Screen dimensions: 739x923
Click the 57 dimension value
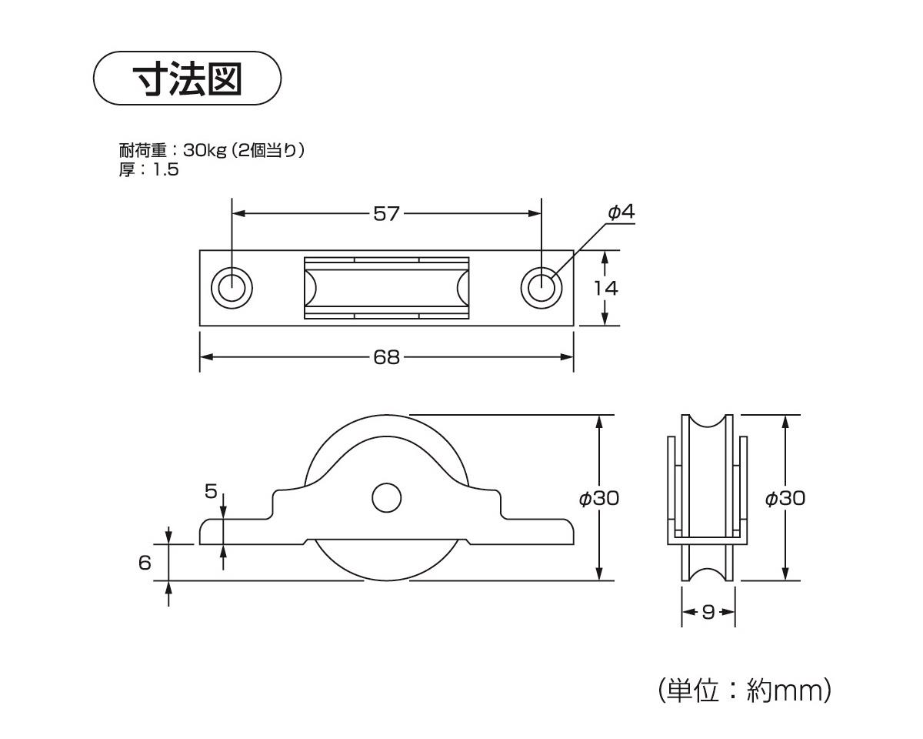coord(387,213)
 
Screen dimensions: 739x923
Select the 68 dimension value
coord(387,357)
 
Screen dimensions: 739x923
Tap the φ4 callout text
coord(621,212)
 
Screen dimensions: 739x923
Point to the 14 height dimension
coord(606,288)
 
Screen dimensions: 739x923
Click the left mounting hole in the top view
coord(232,288)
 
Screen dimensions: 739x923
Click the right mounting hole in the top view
coord(541,288)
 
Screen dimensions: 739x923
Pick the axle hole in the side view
coord(387,497)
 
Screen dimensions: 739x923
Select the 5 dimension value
coord(211,491)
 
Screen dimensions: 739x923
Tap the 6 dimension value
coord(145,563)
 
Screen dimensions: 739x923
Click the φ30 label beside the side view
coord(599,498)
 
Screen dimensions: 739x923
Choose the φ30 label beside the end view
coord(785,498)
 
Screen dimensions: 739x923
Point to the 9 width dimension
coord(708,612)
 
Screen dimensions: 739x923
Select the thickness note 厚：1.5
coord(148,169)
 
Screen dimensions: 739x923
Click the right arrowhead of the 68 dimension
coord(568,357)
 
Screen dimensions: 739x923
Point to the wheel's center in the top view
coord(387,288)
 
